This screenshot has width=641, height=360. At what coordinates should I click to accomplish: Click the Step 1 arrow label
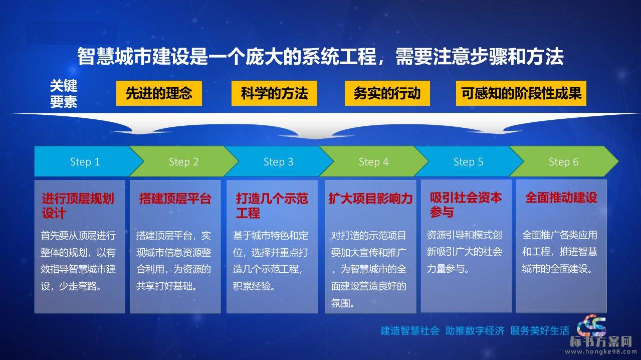point(85,162)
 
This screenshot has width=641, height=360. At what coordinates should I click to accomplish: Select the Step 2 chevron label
point(183,162)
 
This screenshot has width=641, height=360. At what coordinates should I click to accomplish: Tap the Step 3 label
point(278,162)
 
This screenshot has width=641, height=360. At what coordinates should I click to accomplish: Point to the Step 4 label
point(373,162)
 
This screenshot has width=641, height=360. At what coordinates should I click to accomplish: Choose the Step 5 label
point(468,162)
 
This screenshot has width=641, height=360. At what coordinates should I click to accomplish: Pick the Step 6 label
point(563,162)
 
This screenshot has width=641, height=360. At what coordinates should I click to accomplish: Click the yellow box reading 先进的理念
point(159,93)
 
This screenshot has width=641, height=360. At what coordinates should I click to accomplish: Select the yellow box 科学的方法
point(274,93)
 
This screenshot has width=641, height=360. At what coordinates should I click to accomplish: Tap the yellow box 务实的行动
point(387,93)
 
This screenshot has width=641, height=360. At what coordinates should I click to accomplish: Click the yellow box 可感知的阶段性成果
point(521,93)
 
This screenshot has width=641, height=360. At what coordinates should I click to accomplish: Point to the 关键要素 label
point(64,94)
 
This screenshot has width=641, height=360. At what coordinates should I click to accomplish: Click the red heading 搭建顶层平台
point(175,199)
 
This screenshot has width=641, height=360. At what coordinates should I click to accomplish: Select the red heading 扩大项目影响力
point(370,199)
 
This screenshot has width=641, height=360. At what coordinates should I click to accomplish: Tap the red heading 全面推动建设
point(561,198)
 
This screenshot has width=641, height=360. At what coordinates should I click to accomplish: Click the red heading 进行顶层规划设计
point(78,206)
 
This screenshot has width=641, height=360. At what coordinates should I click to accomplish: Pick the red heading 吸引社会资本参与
point(466,205)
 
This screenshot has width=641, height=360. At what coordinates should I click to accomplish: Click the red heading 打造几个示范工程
point(272,206)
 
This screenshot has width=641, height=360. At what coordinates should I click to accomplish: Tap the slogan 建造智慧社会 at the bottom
point(410,331)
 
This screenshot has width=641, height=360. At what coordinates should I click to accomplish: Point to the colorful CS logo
point(592,326)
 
